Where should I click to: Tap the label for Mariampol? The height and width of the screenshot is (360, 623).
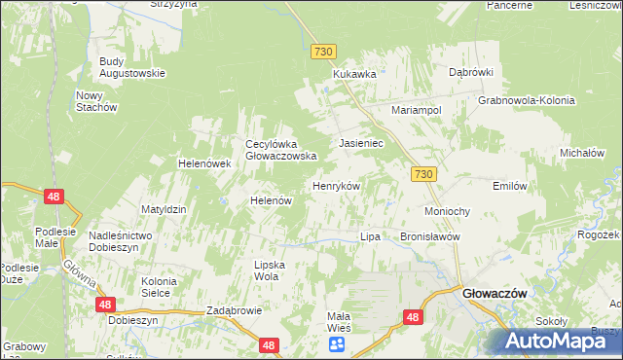coord(417,110)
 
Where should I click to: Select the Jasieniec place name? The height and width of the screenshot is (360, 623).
coord(361,143)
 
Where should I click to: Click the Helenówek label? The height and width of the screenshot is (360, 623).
coord(203,163)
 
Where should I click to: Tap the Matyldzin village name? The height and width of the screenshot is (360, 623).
coord(164,209)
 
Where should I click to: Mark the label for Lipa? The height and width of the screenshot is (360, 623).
coord(369,236)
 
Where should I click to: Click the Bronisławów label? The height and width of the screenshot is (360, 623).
coord(429,236)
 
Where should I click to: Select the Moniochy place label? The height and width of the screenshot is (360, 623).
coord(448,211)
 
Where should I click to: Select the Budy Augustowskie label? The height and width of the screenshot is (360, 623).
coord(132,67)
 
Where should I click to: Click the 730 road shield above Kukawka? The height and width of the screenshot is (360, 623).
coord(324,50)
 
